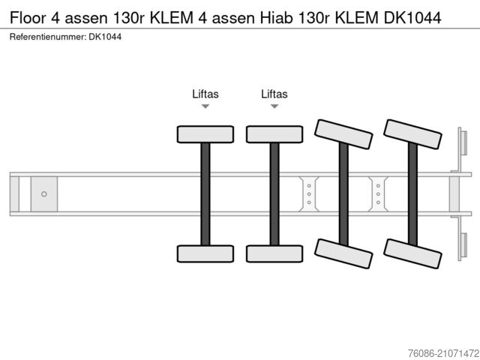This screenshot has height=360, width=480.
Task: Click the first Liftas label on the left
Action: click(205, 94)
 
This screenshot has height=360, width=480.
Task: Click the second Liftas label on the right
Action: click(274, 94)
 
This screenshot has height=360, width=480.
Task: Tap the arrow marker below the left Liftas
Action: click(205, 107)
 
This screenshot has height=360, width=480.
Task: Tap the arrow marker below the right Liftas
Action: click(274, 107)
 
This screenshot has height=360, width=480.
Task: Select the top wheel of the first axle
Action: click(205, 134)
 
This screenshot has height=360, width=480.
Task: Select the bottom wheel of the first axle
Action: click(205, 253)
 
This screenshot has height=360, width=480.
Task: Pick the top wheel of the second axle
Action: click(274, 134)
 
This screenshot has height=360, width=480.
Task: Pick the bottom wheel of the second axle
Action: click(274, 253)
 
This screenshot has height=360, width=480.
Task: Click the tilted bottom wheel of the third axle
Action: click(343, 253)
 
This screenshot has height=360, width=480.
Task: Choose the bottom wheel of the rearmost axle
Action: click(412, 253)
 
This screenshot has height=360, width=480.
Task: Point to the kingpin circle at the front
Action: click(44, 194)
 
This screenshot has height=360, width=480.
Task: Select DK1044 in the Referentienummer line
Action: click(105, 36)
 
